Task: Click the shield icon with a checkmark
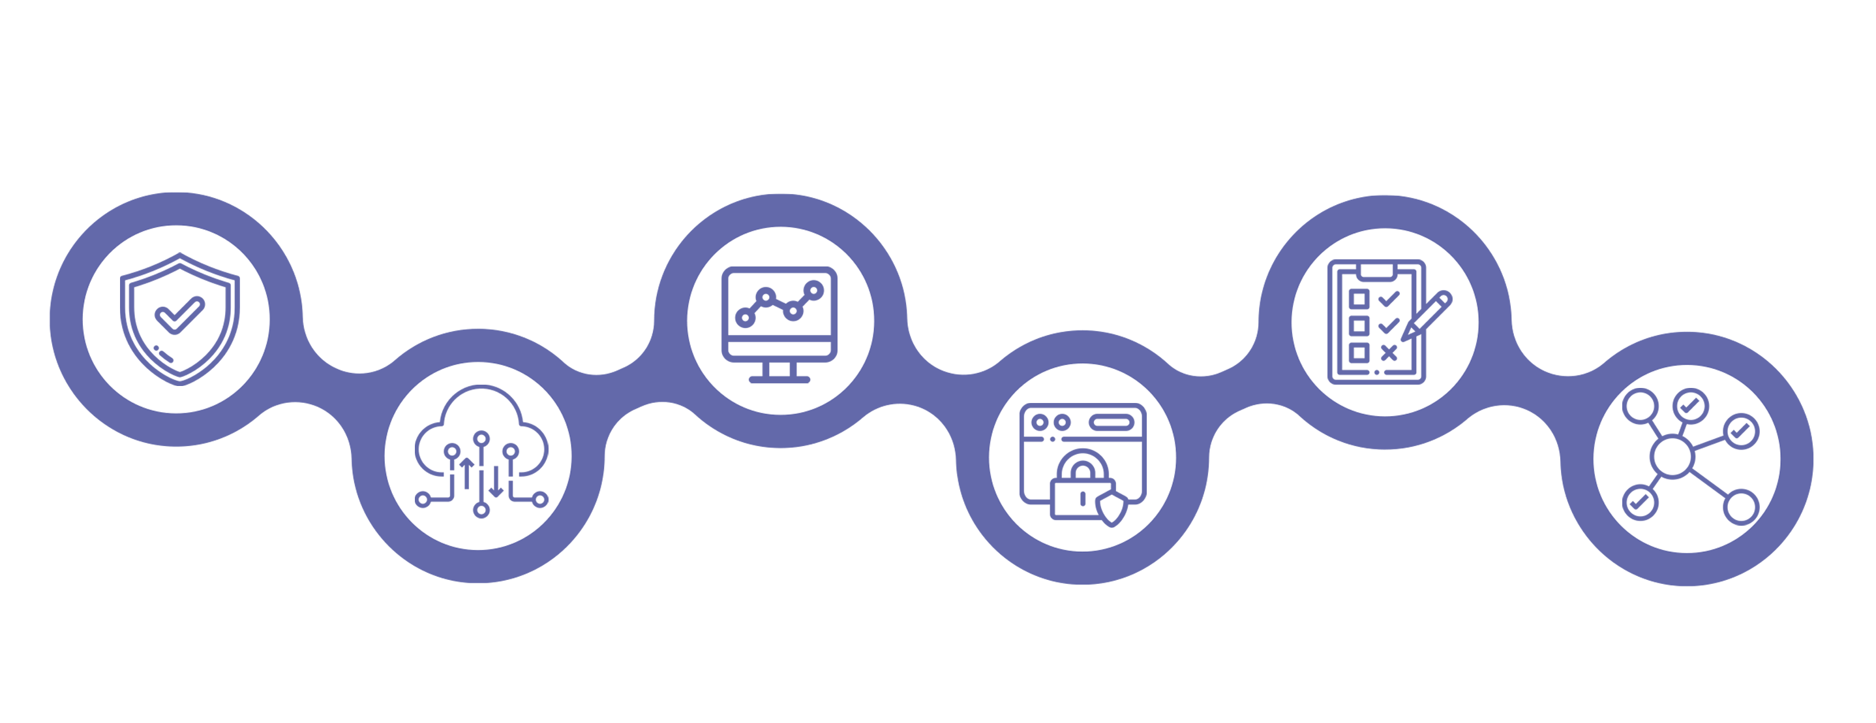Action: coord(179,319)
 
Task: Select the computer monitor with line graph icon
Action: coord(779,322)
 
